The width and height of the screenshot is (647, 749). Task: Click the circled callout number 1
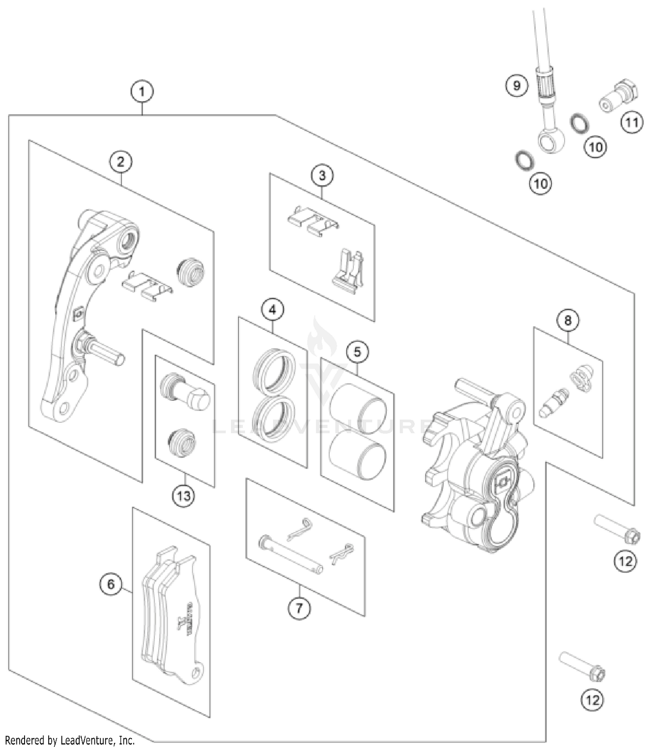142,92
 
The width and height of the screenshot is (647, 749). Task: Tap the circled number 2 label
120,162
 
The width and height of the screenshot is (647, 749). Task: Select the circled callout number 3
322,176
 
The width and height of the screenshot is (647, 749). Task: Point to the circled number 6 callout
111,584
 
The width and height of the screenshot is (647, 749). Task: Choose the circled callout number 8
568,320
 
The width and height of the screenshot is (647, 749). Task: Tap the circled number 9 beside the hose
517,85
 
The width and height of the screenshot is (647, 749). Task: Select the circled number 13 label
183,496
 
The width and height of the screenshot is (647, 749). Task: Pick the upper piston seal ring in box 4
273,370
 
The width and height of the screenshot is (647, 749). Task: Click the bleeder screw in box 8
554,400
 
